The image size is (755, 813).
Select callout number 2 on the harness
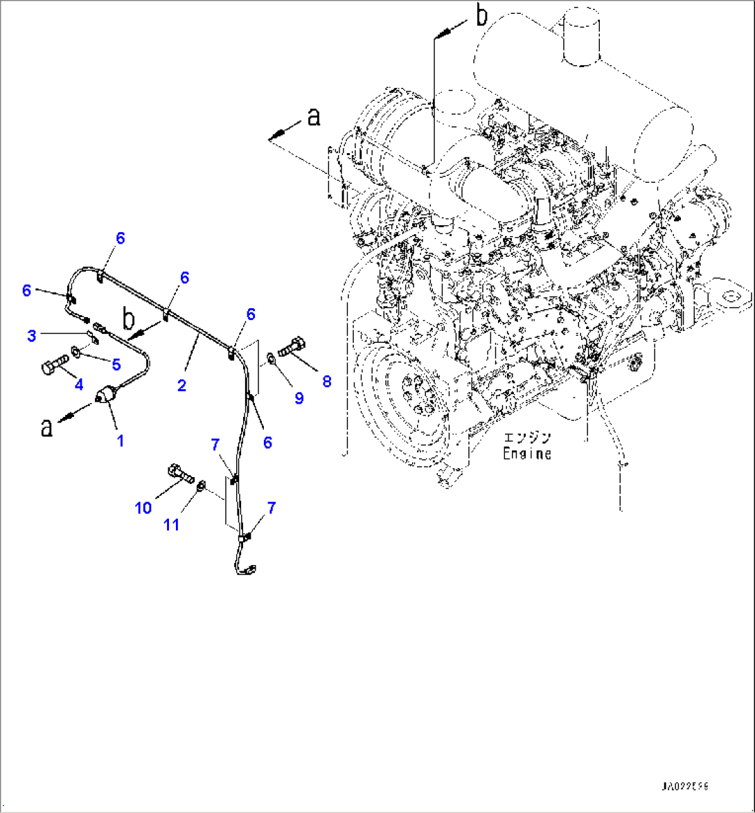pos(181,386)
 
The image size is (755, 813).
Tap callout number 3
pos(31,336)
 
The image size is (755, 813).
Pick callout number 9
pos(299,398)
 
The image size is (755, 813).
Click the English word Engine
pos(527,454)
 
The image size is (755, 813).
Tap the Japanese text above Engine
pos(527,438)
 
